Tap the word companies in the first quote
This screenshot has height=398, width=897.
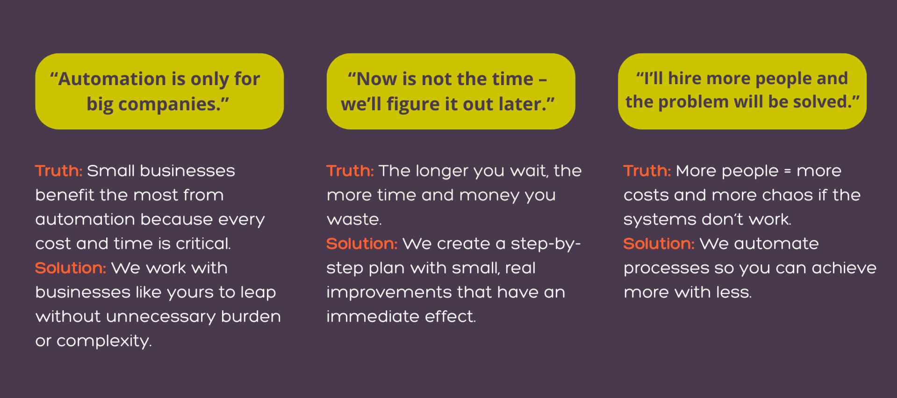(168, 105)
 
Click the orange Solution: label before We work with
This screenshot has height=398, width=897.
(71, 268)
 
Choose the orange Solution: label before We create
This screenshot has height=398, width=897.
(362, 243)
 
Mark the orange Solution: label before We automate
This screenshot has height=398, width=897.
(659, 243)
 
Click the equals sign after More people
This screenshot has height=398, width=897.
(788, 171)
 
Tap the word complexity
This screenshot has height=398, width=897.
(104, 341)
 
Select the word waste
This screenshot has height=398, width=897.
(354, 219)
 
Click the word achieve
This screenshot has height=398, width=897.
(844, 268)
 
